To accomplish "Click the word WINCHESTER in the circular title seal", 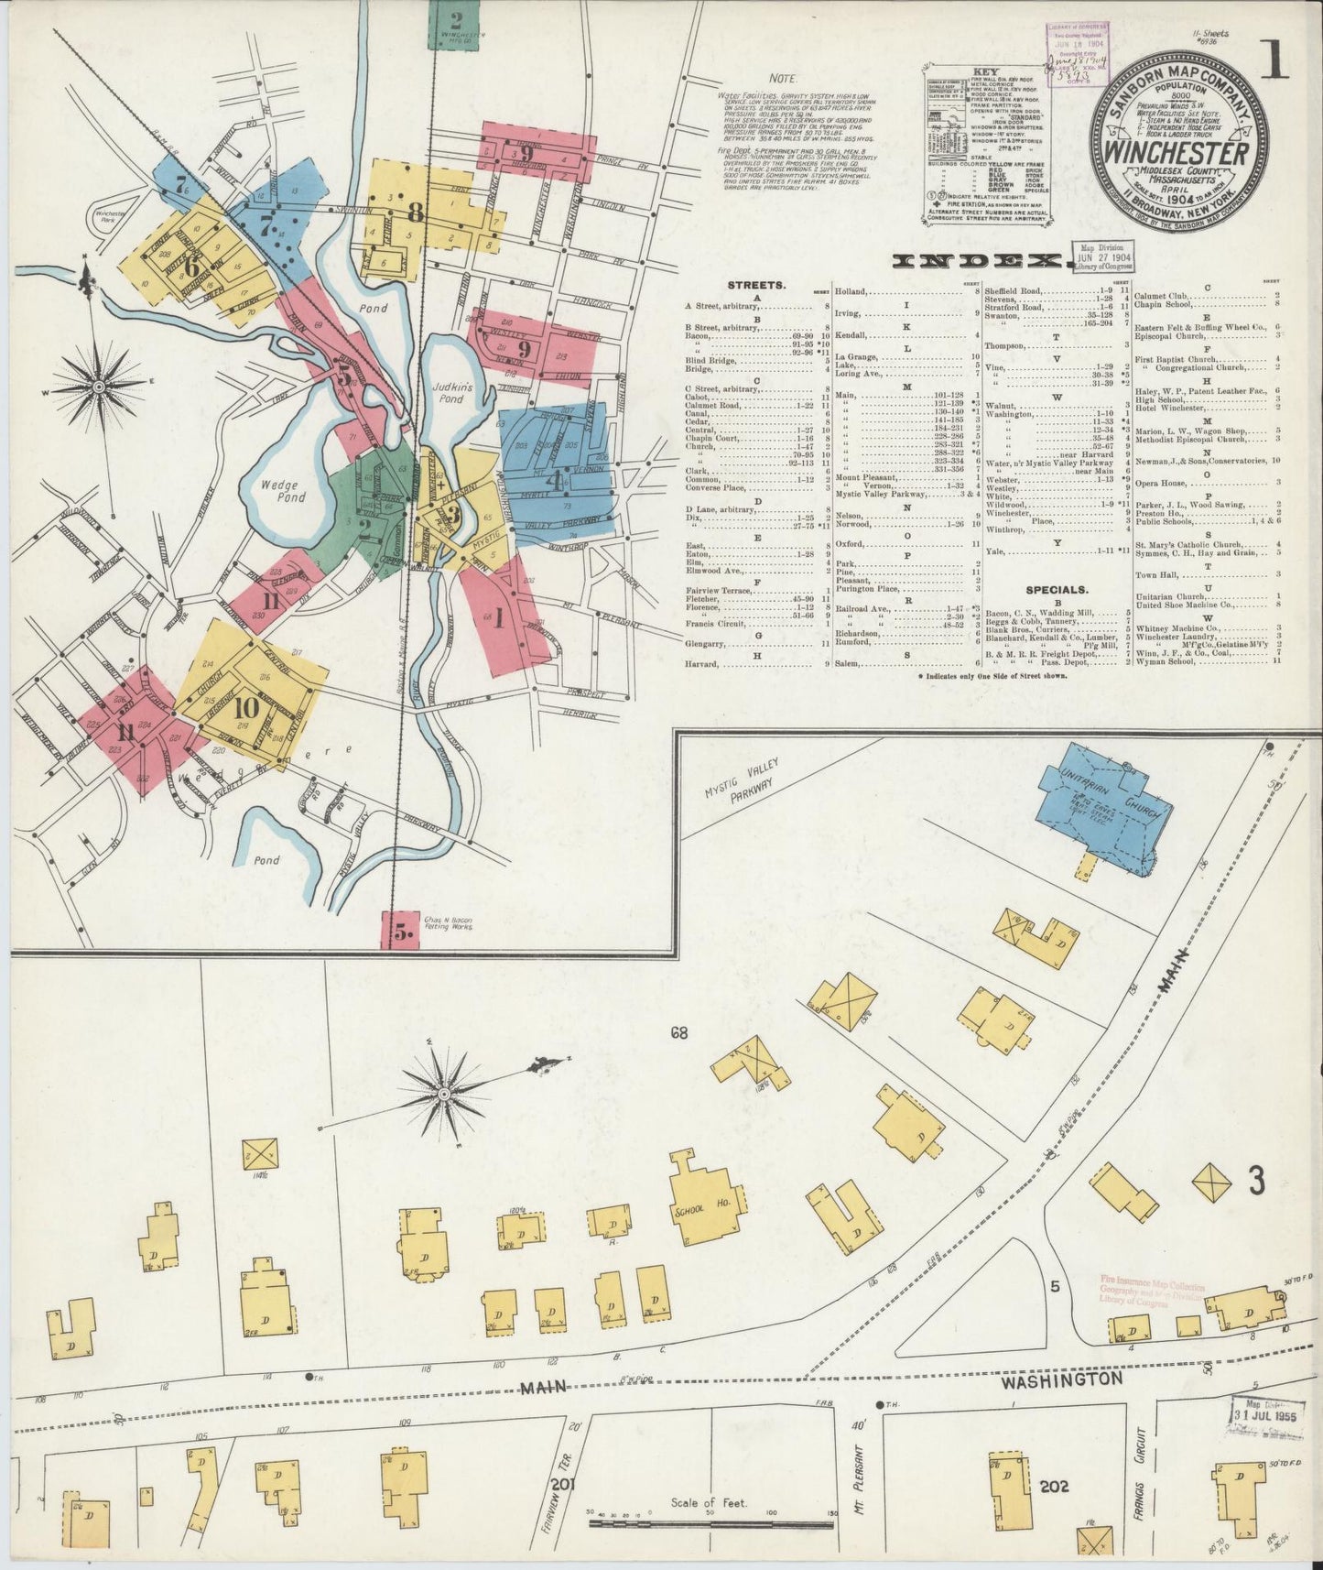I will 1179,149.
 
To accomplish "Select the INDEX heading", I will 980,261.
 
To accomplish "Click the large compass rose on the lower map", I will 444,1093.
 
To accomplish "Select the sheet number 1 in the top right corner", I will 1274,60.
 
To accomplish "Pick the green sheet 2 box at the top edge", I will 455,24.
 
